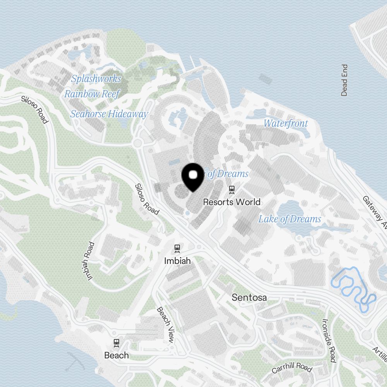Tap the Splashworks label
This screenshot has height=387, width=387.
point(96,79)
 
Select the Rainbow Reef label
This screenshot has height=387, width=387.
point(92,94)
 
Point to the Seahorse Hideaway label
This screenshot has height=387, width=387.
point(109,114)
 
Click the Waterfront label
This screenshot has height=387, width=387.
point(286,123)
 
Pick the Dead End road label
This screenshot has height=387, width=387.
point(344,80)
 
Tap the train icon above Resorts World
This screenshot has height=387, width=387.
point(232,190)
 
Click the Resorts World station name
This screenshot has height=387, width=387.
point(232,202)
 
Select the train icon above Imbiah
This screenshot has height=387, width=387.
point(178,248)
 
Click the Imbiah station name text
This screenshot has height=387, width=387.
point(178,261)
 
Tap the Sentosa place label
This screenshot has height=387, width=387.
point(249,298)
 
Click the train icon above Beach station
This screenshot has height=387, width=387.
point(116,342)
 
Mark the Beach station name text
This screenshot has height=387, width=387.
point(116,355)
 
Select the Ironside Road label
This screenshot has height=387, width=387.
point(329,341)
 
